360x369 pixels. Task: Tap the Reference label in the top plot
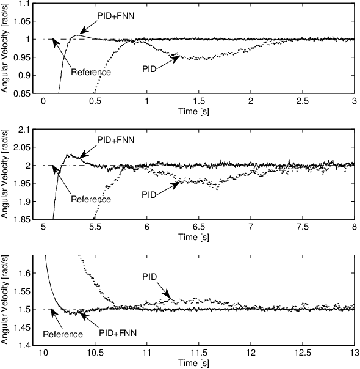point(91,72)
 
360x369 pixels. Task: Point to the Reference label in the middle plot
point(91,199)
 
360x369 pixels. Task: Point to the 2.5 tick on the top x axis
point(303,100)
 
